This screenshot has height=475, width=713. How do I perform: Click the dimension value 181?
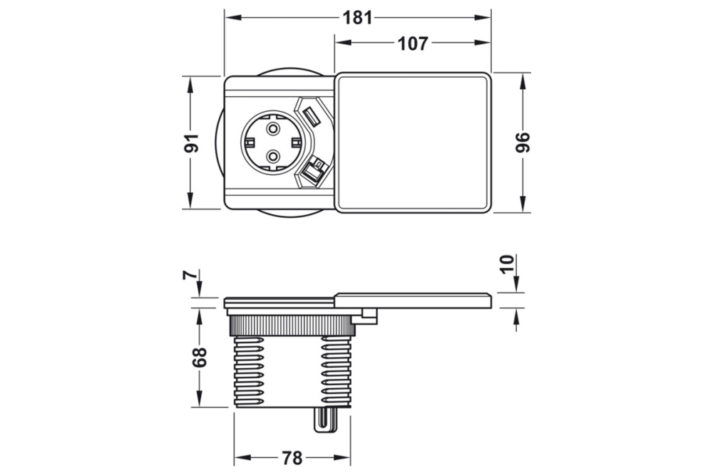358,17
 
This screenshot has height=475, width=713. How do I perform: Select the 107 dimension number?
413,44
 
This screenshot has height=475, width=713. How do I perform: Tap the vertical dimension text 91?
190,142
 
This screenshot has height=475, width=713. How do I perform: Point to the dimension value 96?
523,142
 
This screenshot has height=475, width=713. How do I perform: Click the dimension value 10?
508,265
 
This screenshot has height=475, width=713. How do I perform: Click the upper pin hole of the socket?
273,129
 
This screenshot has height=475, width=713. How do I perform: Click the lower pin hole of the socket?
273,156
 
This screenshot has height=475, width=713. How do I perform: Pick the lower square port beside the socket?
313,171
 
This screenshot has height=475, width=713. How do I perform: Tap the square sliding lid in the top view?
413,142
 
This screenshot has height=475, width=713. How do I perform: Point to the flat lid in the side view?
413,300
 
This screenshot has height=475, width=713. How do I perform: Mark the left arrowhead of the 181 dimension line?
230,17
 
